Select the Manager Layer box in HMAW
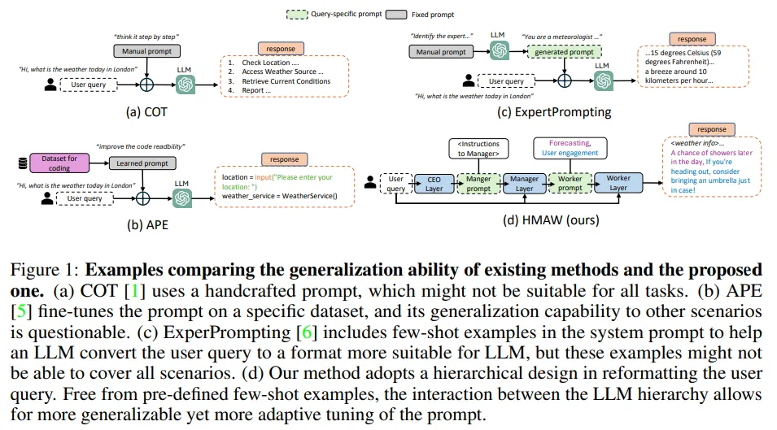tap(523, 183)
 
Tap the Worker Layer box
tap(618, 183)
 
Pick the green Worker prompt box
tap(570, 183)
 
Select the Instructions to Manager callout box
tap(478, 148)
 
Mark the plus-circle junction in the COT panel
tap(147, 84)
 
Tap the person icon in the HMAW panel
tap(370, 183)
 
